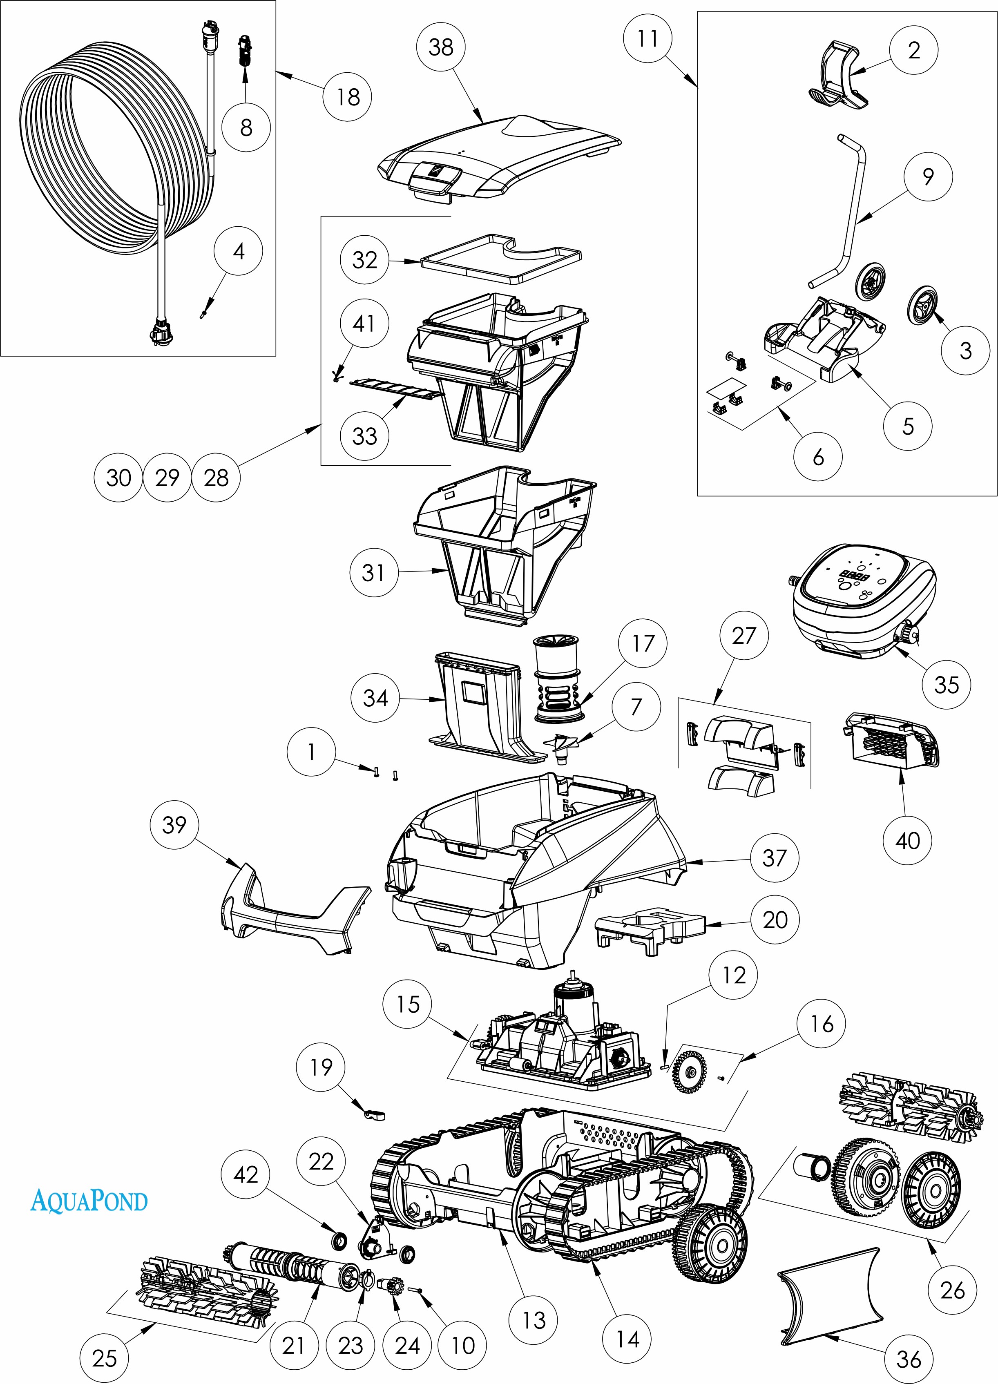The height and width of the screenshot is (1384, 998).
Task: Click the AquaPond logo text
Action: coord(89,1201)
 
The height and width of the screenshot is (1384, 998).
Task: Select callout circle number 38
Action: coord(441,47)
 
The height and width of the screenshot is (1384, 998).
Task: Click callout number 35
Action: coord(945,684)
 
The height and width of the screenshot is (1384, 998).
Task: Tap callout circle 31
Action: coord(373,572)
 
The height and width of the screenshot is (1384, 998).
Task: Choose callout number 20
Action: coord(775,919)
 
